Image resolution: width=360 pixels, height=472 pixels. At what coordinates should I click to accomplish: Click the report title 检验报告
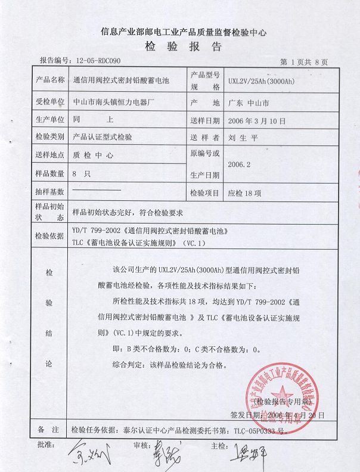(x=182, y=47)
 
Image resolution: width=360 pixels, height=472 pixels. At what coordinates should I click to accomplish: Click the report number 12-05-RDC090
(x=98, y=61)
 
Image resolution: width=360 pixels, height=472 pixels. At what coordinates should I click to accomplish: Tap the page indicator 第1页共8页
(x=303, y=62)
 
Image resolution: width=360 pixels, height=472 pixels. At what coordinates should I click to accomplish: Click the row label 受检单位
(x=49, y=102)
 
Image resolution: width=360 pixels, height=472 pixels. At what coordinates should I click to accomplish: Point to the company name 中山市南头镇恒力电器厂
(x=113, y=102)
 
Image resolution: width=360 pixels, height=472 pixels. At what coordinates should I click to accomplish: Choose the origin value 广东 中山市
(x=249, y=103)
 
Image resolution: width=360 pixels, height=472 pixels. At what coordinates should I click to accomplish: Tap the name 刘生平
(x=243, y=136)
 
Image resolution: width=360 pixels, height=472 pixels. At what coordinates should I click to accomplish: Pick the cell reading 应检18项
(x=245, y=193)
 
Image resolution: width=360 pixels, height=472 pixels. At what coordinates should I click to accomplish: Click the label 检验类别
(x=49, y=136)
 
